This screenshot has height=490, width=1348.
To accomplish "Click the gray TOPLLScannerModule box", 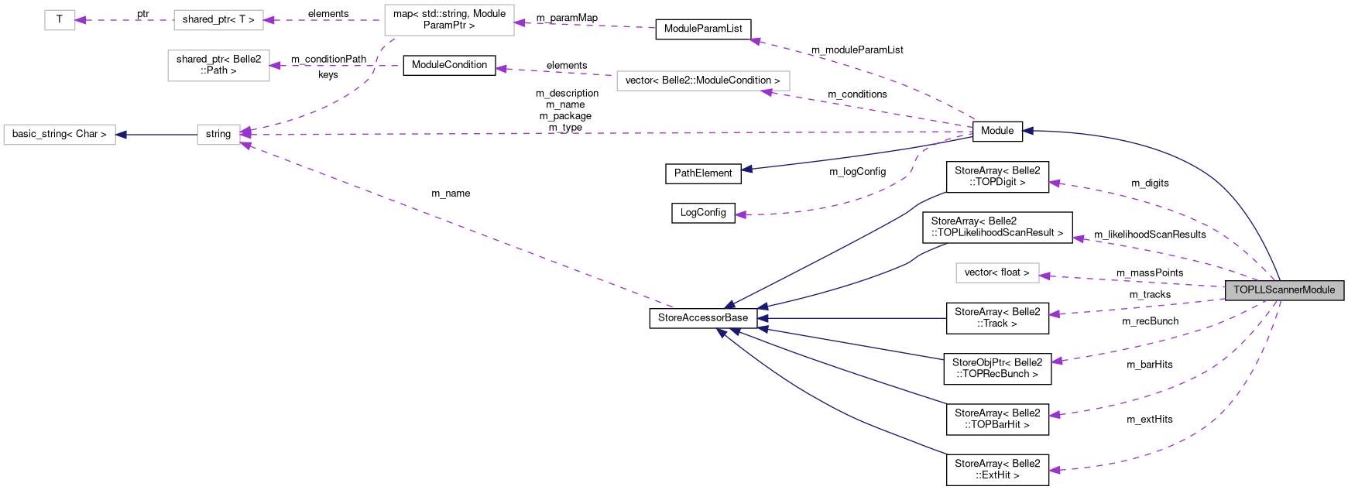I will (1284, 290).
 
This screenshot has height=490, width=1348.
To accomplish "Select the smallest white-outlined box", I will (60, 20).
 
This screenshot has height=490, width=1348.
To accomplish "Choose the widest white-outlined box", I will (703, 81).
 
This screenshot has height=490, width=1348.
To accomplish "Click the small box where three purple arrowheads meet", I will (218, 135).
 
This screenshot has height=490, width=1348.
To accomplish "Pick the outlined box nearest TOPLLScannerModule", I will (997, 273).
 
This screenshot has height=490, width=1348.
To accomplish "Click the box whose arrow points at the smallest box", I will (218, 20).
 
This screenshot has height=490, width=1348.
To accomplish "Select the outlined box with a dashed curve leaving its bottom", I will (449, 20).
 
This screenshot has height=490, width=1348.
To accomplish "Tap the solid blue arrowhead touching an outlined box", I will (121, 135).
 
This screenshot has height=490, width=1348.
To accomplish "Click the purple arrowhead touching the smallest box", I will (81, 20).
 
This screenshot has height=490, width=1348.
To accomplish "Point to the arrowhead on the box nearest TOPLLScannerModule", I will (1044, 276).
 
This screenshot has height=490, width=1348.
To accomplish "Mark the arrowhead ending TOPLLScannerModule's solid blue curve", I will (1027, 131).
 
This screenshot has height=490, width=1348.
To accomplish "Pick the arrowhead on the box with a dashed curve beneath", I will (520, 22).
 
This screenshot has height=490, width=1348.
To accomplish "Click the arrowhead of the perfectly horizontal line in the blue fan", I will (763, 318).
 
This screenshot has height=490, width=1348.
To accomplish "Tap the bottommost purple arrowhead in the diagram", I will (1054, 470).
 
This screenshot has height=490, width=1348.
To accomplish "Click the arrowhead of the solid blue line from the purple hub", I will (746, 169).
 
